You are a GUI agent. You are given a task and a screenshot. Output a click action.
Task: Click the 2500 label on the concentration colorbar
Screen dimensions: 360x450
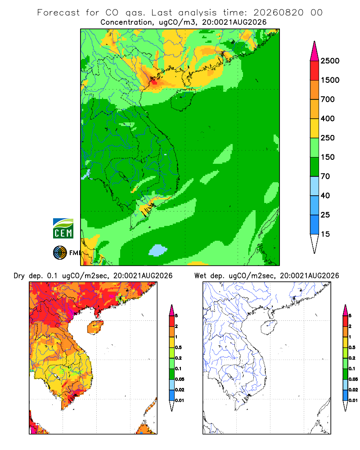tap(330, 61)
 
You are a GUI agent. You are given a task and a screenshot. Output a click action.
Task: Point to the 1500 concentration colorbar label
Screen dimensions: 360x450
tap(330, 80)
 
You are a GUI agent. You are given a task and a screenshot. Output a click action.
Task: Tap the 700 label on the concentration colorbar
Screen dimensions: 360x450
tap(328, 99)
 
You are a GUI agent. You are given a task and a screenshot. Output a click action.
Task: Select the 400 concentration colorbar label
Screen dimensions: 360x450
tap(328, 118)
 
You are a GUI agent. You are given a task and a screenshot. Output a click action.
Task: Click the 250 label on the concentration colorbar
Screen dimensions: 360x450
tap(328, 138)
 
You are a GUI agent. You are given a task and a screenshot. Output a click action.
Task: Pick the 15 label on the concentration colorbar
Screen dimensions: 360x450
tap(325, 234)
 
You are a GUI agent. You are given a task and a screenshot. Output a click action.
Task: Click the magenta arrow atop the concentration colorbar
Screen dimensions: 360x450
tap(315, 51)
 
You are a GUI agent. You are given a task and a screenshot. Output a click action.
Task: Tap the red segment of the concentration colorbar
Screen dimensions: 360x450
tap(315, 71)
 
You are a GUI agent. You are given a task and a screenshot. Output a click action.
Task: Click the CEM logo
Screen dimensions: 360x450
tap(63, 228)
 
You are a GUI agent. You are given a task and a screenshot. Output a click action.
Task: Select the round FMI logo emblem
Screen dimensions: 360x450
tap(60, 253)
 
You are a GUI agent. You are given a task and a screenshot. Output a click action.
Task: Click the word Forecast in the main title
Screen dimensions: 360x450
tap(58, 13)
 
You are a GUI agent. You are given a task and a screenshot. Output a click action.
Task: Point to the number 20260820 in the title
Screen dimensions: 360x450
tap(279, 13)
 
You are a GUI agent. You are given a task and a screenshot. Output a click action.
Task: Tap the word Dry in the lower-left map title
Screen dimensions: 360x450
tap(19, 276)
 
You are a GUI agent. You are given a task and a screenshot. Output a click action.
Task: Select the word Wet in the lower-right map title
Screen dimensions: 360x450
tap(200, 276)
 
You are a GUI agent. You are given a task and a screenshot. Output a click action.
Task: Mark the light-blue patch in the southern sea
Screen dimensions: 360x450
tap(157, 250)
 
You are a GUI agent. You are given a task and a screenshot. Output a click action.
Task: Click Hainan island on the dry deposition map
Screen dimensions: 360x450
tap(95, 328)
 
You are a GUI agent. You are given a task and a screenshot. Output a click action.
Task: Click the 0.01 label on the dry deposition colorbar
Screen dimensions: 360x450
tap(180, 400)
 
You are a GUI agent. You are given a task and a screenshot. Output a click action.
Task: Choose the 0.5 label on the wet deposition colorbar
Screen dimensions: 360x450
tap(352, 347)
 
